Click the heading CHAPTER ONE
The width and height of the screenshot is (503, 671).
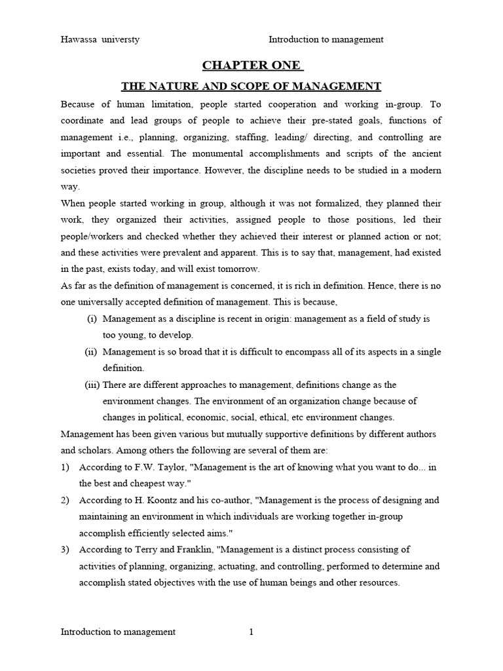point(251,65)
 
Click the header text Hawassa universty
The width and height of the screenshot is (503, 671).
point(100,39)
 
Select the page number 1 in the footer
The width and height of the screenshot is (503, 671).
point(251,632)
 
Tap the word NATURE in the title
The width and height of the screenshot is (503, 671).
point(169,86)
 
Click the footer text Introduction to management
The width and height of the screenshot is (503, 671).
point(118,632)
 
